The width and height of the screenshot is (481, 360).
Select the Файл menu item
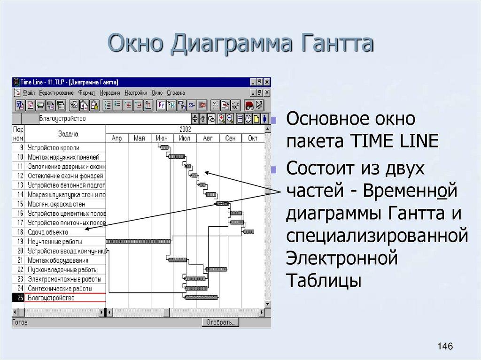(x=29, y=93)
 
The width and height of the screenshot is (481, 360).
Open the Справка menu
(x=176, y=93)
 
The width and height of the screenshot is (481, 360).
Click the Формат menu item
(x=86, y=93)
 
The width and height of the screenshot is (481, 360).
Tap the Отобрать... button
(x=221, y=322)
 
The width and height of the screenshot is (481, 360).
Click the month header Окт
(x=253, y=138)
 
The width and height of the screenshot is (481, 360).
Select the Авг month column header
(x=208, y=138)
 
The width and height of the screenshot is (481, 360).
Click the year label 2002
(x=185, y=129)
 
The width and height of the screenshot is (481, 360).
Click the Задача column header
(x=68, y=134)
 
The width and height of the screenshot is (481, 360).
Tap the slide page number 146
(x=444, y=346)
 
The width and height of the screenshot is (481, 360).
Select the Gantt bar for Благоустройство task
(x=201, y=297)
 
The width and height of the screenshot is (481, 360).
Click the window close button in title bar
(x=267, y=82)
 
